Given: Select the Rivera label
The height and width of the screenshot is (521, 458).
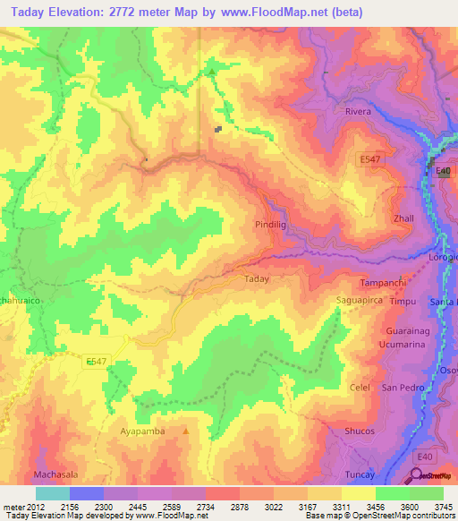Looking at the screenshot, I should pyautogui.click(x=358, y=112).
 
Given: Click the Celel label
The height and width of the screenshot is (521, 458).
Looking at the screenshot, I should pyautogui.click(x=360, y=388).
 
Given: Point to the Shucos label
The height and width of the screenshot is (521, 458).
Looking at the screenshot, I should pyautogui.click(x=360, y=431).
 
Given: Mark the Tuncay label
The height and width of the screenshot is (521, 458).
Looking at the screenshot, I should pyautogui.click(x=358, y=474).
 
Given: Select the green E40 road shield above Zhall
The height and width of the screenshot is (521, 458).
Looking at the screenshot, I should pyautogui.click(x=442, y=171).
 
